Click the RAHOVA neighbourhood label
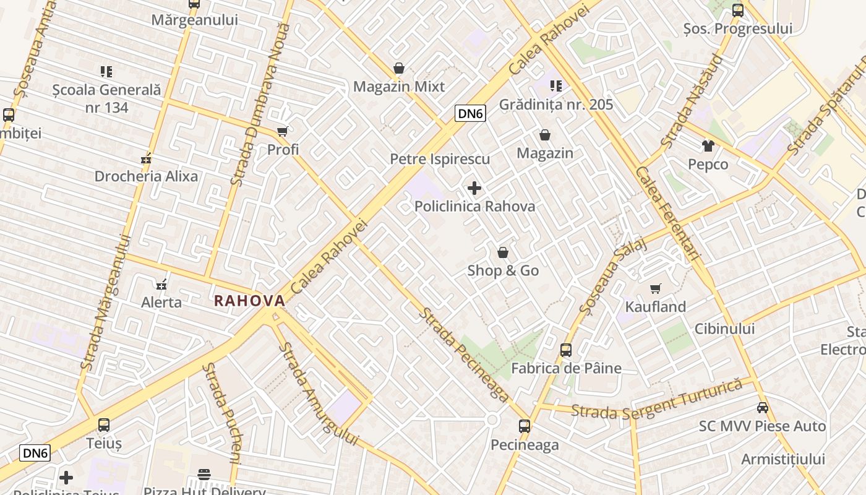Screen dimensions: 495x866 coord(249,301)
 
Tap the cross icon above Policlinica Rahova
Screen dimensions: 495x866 coord(474,187)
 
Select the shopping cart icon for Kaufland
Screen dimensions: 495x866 coord(656,288)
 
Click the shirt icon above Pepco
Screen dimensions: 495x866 coord(708,146)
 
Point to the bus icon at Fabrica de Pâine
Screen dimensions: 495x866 coord(566,350)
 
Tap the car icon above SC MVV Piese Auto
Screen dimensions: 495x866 coord(763,408)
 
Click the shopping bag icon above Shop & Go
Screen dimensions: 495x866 coord(503,252)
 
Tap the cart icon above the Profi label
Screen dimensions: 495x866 coord(283,131)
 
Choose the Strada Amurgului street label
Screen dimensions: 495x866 coord(317,394)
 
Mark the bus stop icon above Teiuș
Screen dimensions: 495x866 coord(104,425)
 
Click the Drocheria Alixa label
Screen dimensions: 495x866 coord(146,176)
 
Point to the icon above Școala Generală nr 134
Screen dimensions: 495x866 coord(106,72)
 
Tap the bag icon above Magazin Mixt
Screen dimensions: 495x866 coord(399,68)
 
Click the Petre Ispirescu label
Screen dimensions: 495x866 coord(439,159)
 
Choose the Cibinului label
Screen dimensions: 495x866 coord(724,329)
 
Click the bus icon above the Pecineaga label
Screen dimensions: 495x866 coord(525,426)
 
